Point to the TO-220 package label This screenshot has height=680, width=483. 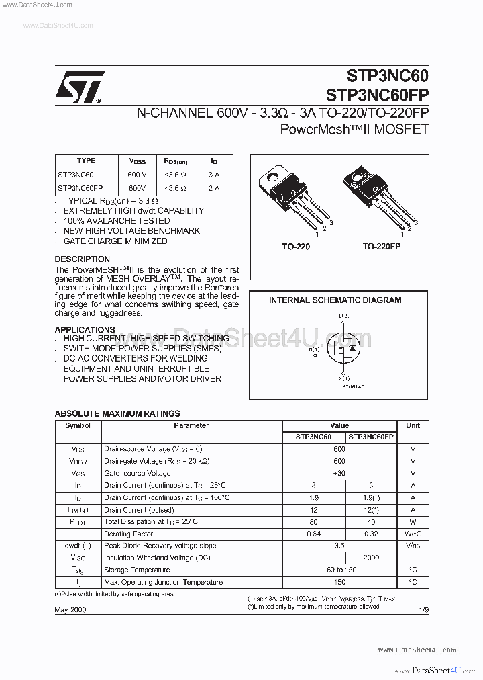pos(295,247)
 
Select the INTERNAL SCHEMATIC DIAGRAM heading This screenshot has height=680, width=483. pos(335,300)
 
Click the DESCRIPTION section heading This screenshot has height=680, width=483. pos(82,259)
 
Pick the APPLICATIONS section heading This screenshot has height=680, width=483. pos(85,329)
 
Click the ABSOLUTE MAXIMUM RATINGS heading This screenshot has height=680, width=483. pos(117,414)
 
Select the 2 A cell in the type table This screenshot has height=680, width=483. pos(213,188)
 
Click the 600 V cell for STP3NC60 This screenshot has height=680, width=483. pos(137,175)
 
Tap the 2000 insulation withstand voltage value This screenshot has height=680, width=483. pos(371,558)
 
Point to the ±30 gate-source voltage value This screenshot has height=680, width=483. pos(339,473)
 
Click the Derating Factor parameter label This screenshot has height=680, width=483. pos(128,534)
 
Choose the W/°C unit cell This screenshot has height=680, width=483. pos(413,534)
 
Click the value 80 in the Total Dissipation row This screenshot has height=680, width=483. pos(313,521)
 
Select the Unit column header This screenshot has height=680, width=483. pos(413,425)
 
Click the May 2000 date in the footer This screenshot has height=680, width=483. pos(70,610)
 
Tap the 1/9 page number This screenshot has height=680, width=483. pos(423,610)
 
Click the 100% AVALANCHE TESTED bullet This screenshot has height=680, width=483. pos(117,220)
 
